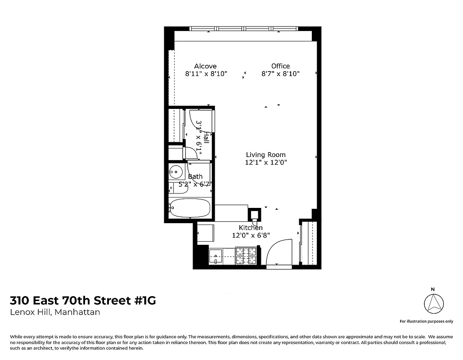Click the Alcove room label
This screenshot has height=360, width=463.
[x=205, y=66]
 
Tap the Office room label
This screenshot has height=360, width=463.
[x=280, y=66]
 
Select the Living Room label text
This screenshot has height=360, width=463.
[x=265, y=155]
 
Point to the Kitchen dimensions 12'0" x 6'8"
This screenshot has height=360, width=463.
[x=250, y=235]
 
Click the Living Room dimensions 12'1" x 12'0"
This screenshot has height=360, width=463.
[x=265, y=162]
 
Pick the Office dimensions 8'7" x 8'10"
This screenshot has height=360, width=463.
[x=280, y=74]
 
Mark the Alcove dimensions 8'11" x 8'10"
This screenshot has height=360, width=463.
[x=206, y=74]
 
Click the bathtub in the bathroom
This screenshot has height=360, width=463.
[x=190, y=208]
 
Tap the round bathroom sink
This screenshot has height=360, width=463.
[x=176, y=171]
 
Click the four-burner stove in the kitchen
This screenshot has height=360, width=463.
[x=247, y=256]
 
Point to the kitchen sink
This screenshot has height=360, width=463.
[x=216, y=256]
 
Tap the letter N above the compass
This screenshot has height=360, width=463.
[x=433, y=289]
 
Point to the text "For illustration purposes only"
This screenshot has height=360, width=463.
[x=427, y=321]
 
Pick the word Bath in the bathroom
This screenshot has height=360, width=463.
[x=195, y=176]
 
